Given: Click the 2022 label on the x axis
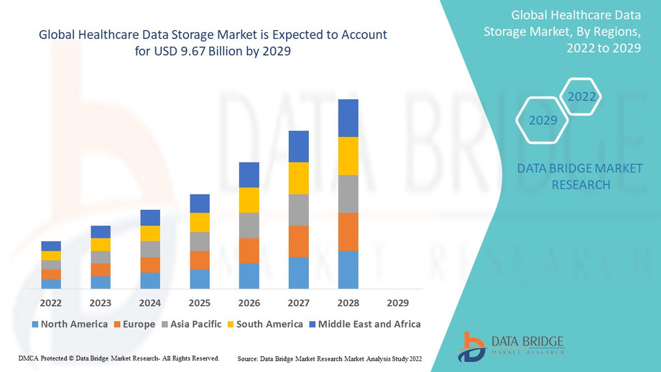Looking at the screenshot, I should coord(51,303).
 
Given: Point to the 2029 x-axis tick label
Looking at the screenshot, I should coord(397,303).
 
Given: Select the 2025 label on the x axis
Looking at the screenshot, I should coord(200,303).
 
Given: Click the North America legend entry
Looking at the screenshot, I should coord(70,324).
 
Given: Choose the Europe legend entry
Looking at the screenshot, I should coord(134,324).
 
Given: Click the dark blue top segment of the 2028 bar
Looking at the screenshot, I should coord(348,118).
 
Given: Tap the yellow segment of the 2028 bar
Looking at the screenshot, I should coord(348,156).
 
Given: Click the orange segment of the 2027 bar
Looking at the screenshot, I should coord(298,241).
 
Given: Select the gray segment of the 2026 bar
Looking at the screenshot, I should coord(249,225).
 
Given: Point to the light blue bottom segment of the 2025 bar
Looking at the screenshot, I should coord(200,279).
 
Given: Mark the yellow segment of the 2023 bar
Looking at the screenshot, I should coord(101,244).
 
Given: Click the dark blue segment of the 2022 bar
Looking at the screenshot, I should coord(51,246).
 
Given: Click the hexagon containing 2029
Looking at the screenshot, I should coord(543,120).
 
